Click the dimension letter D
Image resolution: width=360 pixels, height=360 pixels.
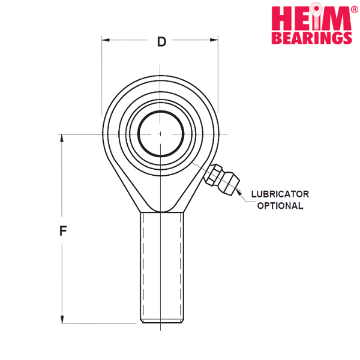tap(161, 42)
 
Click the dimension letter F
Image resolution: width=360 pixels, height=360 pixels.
tap(62, 230)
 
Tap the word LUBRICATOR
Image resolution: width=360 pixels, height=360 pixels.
tap(280, 194)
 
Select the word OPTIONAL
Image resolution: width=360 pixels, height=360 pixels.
tap(280, 206)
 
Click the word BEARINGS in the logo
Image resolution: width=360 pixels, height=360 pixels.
tap(312, 37)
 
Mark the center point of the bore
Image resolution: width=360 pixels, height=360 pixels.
tap(161, 133)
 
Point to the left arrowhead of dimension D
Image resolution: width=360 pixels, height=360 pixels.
tap(106, 41)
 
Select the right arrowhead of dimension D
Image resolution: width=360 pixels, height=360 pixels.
tap(214, 41)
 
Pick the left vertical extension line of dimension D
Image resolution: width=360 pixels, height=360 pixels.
tap(102, 78)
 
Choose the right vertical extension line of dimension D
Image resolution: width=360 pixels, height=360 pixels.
tap(217, 78)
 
